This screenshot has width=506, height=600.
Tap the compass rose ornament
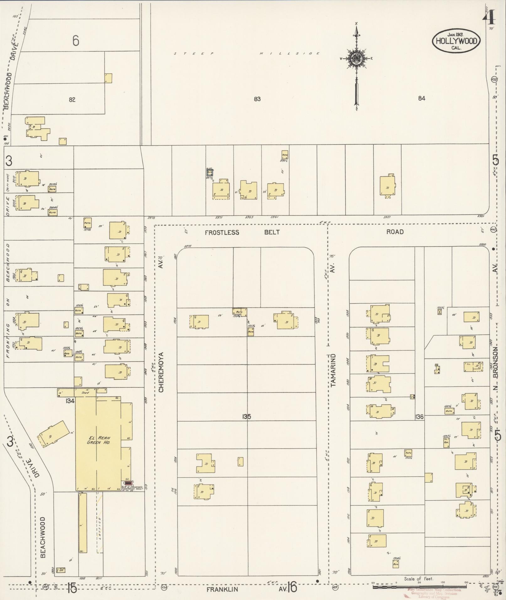coord(356,58)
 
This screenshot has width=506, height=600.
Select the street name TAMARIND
coord(333,370)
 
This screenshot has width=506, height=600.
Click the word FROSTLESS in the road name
coord(222,232)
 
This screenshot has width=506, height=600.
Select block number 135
coord(246,417)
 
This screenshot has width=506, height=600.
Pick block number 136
coord(419,417)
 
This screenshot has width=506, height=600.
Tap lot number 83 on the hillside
coord(257,99)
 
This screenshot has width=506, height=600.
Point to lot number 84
coord(421,98)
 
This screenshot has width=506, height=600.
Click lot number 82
coord(72,99)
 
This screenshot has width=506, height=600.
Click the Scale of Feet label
coord(418,579)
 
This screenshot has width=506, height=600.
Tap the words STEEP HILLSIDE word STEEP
coord(194,54)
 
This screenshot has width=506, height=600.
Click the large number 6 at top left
coord(75,41)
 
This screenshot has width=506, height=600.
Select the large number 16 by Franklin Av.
coord(292,587)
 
